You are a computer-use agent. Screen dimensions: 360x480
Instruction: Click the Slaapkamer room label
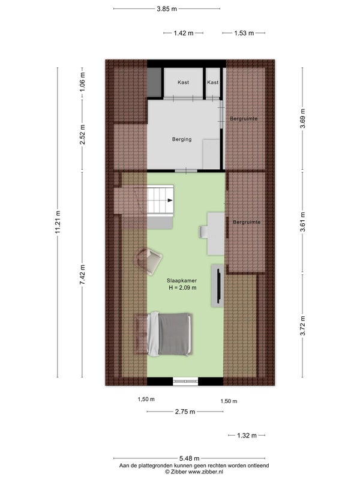(182, 280)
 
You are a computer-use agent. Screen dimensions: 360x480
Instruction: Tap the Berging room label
(182, 139)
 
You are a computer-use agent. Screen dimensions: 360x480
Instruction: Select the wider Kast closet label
(183, 82)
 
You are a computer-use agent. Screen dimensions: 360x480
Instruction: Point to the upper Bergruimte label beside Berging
(244, 118)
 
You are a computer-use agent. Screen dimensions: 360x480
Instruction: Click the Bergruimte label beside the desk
(247, 222)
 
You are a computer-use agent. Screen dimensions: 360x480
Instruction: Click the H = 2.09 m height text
(183, 288)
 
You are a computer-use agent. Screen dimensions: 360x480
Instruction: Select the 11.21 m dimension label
(58, 222)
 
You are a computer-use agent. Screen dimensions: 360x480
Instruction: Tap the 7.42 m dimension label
(82, 275)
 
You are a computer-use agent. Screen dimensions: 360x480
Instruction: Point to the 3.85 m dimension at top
(167, 9)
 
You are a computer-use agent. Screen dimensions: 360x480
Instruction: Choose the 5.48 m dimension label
(189, 458)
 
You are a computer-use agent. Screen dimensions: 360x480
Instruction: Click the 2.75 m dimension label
(185, 412)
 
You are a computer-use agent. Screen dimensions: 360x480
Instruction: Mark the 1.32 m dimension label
(247, 436)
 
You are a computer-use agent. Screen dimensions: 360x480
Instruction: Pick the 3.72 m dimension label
(302, 325)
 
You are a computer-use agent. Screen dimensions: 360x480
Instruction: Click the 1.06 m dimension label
(82, 82)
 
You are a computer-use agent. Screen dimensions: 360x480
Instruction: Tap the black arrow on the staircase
(170, 200)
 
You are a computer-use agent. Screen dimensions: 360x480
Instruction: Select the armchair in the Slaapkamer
(149, 261)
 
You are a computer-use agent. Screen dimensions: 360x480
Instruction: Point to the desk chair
(203, 232)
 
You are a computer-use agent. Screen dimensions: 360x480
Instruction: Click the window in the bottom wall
(185, 381)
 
